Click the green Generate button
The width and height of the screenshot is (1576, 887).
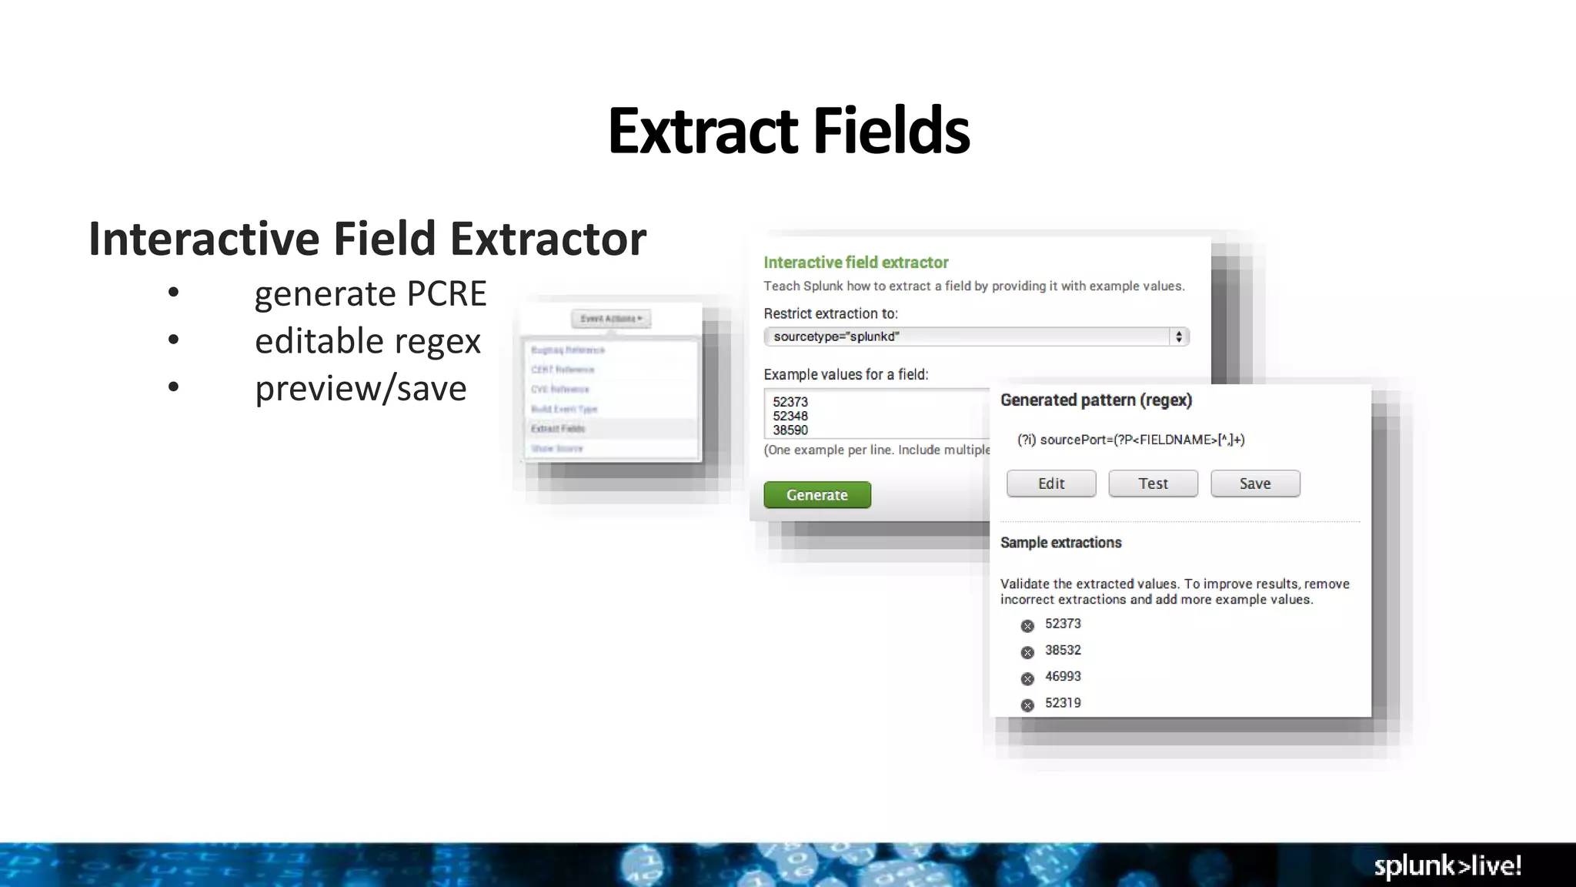point(817,495)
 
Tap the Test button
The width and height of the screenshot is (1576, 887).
point(1153,484)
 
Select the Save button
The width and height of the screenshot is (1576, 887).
point(1255,484)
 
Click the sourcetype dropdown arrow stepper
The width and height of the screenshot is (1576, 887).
point(1178,336)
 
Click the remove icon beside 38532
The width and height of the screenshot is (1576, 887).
point(1027,652)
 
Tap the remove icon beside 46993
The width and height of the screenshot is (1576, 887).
point(1027,678)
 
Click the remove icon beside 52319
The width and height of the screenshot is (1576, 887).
point(1027,705)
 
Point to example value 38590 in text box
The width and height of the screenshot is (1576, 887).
point(790,430)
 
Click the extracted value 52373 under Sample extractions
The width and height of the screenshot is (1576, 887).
point(1063,624)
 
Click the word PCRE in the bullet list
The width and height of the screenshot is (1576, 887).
point(446,294)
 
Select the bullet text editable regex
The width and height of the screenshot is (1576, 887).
point(367,341)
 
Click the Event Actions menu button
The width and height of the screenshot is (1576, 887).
point(611,319)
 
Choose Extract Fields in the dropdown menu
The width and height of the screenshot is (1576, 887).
point(558,429)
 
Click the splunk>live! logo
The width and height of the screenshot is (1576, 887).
point(1447,865)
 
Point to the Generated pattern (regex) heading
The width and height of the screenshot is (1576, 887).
point(1096,400)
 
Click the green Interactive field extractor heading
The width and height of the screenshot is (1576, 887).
point(856,263)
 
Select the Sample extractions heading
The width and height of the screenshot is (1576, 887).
point(1060,543)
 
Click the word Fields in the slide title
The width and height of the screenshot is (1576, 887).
point(891,131)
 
